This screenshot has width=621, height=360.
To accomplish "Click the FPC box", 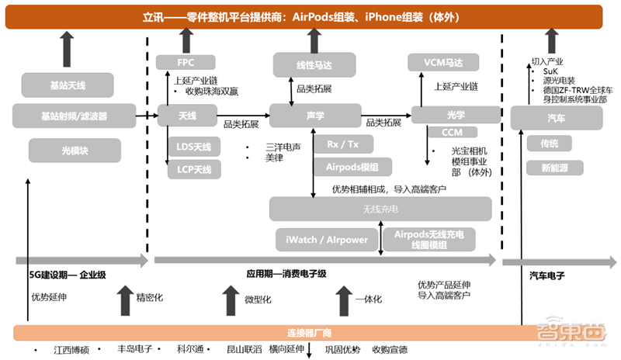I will pos(186,62).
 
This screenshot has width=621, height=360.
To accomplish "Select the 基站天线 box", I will pos(68,84).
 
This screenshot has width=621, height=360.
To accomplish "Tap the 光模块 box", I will pos(75,150).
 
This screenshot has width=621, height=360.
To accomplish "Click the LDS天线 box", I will pos(194,146).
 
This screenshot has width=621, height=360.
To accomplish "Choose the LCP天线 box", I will pos(194,168).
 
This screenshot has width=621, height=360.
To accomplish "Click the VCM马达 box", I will pos(443,63).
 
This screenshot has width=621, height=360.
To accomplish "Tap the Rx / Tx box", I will pos(342,144).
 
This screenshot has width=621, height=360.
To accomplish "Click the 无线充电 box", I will pos(380,209).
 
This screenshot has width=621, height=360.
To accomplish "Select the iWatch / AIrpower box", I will pos(327,239).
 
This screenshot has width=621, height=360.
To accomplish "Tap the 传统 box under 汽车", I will pos(550,144).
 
